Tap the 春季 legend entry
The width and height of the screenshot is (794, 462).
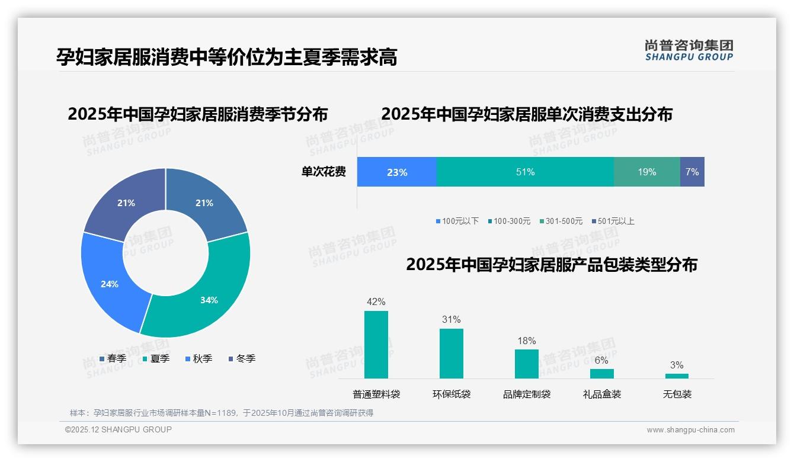[x=113, y=358]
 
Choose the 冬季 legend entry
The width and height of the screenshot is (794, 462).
[x=242, y=358]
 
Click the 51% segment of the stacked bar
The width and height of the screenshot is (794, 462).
[x=525, y=172]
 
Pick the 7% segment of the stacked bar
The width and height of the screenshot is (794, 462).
[x=692, y=172]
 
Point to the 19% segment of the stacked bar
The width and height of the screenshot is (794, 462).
[x=647, y=172]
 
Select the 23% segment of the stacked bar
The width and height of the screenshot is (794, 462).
[x=397, y=172]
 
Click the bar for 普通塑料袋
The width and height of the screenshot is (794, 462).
[x=376, y=345]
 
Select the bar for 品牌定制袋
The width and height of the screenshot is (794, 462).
[x=526, y=364]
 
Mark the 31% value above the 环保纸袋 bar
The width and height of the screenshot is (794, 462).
[x=451, y=319]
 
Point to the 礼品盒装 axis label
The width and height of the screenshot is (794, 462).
[x=601, y=394]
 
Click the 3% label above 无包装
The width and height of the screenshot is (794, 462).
[x=677, y=365]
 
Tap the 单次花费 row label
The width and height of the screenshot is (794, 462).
[x=324, y=172]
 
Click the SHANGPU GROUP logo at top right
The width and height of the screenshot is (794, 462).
[x=689, y=50]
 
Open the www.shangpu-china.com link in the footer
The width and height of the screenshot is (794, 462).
[x=690, y=430]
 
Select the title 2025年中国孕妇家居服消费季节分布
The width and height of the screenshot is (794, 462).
[x=197, y=114]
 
